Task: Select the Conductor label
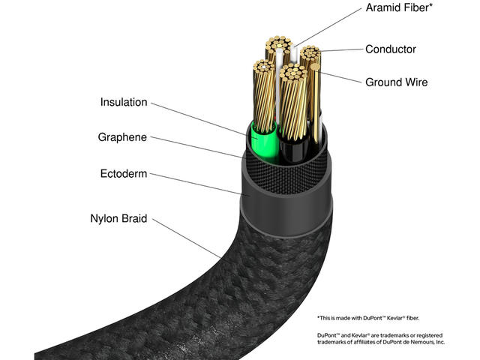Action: (391, 49)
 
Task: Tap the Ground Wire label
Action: (396, 82)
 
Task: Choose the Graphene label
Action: (122, 137)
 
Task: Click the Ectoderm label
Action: (124, 174)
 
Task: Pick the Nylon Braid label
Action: (118, 220)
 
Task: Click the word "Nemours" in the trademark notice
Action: (424, 341)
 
